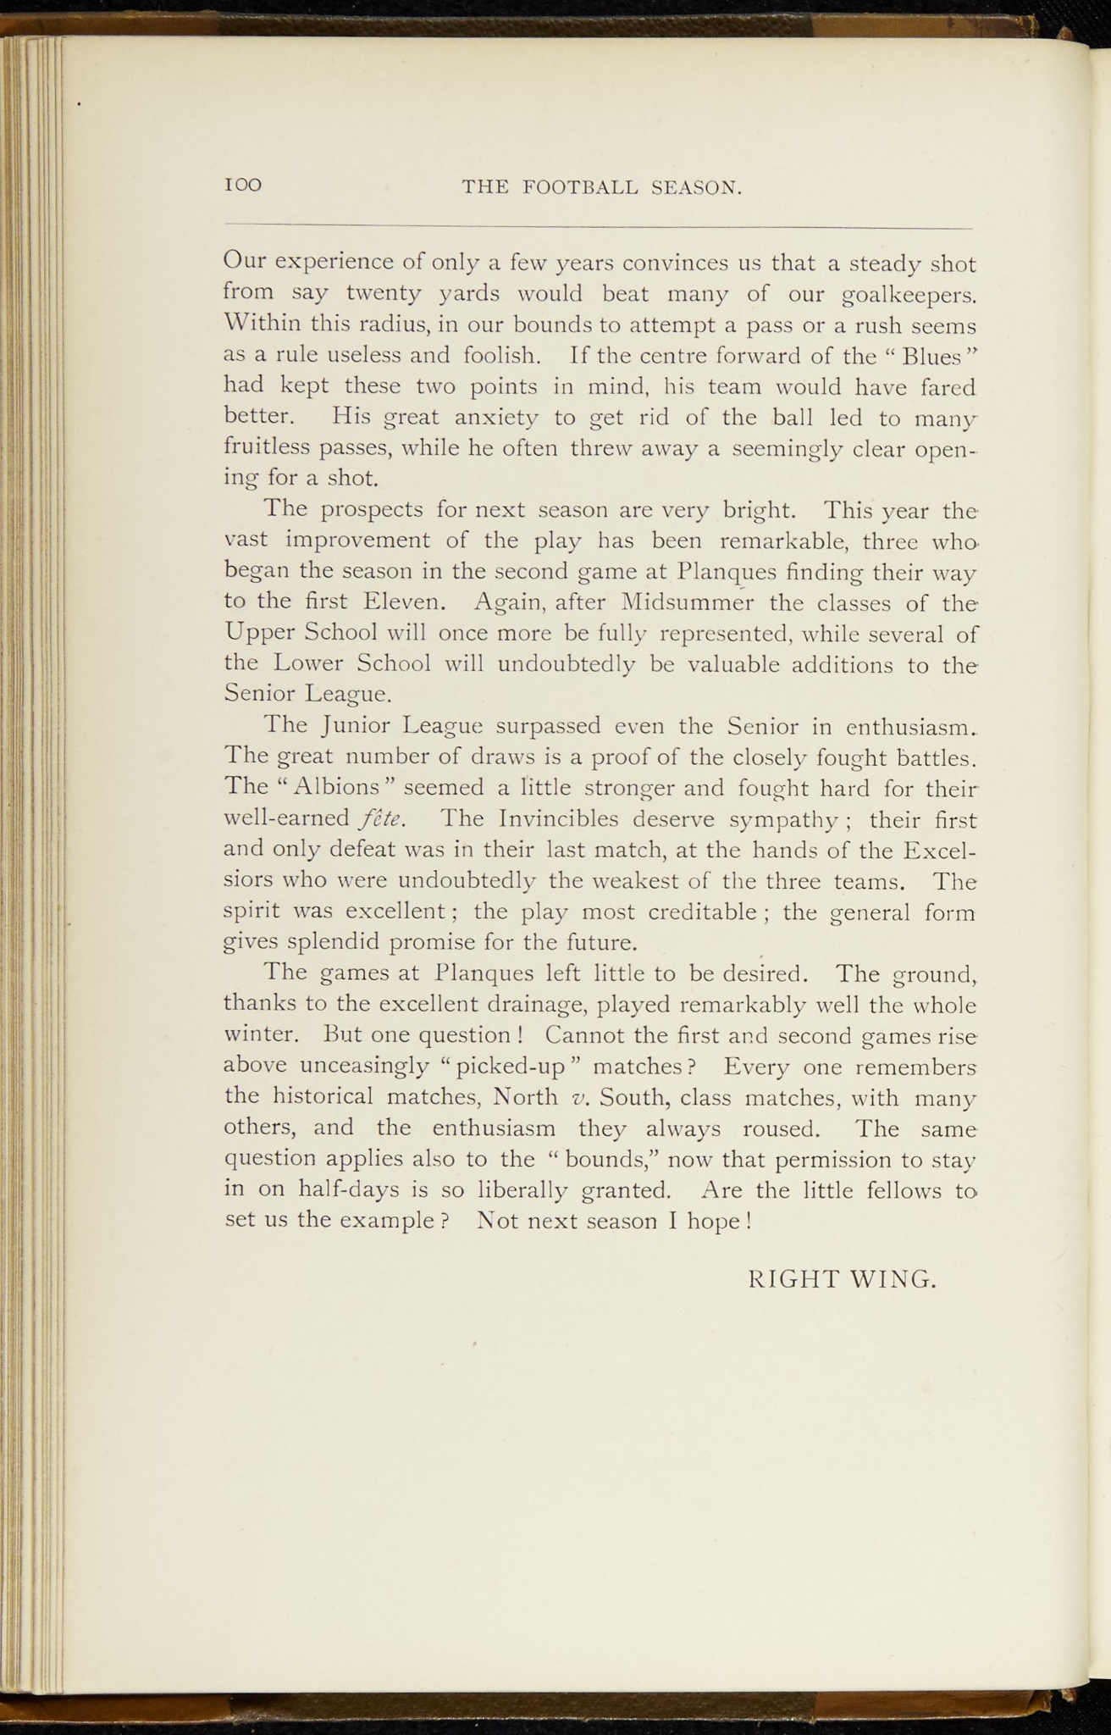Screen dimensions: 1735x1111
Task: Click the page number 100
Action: [243, 186]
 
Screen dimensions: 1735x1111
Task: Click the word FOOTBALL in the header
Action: [580, 187]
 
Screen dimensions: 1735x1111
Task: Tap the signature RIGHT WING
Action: [843, 1278]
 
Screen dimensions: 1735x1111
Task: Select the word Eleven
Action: [402, 602]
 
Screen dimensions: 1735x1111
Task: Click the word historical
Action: [323, 1097]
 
